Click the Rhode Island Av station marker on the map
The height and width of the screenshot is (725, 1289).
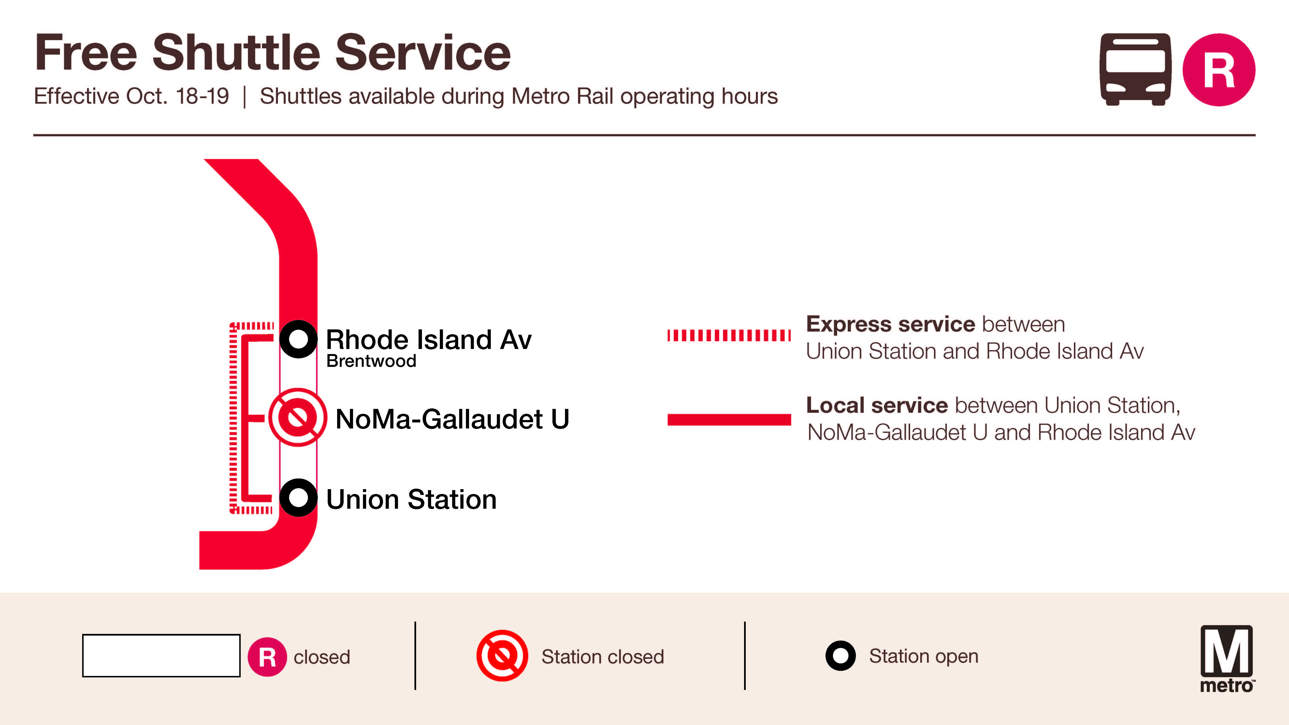coord(298,339)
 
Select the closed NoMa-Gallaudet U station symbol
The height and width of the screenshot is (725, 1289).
coord(298,417)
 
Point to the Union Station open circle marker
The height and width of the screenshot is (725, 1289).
coord(298,498)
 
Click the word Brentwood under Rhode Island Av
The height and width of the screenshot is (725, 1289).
coord(371,361)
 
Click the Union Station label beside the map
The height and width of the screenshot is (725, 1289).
coord(411,499)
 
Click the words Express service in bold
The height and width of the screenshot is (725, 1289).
coord(890,324)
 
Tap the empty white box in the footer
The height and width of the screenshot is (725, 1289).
coord(161,655)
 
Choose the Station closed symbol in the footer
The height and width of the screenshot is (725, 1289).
coord(502,655)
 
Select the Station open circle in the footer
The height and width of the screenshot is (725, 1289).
coord(840,655)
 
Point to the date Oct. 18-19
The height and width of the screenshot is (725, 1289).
coord(178,96)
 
